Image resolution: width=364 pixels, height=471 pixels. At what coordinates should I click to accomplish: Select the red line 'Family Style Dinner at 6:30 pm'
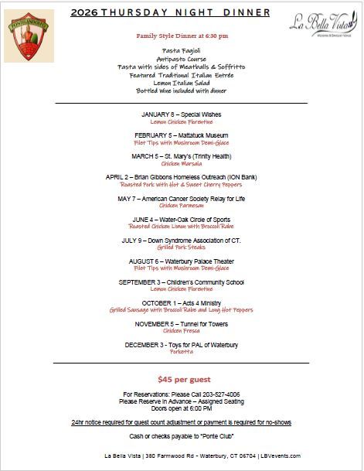pyautogui.click(x=182, y=37)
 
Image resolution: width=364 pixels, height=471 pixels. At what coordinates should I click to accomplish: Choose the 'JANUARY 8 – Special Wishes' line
pyautogui.click(x=182, y=114)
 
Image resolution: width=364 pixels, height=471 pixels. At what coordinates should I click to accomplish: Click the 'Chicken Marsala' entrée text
pyautogui.click(x=182, y=164)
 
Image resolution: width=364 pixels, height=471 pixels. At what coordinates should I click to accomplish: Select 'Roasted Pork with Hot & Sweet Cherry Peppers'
pyautogui.click(x=182, y=185)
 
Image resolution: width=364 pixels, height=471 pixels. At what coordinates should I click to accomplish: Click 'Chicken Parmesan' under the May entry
pyautogui.click(x=182, y=206)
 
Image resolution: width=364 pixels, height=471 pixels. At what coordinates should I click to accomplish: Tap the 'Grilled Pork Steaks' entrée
pyautogui.click(x=182, y=247)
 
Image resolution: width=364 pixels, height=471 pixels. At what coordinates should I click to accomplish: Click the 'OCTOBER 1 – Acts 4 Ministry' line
pyautogui.click(x=182, y=303)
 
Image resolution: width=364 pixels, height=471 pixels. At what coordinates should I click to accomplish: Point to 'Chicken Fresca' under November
pyautogui.click(x=182, y=331)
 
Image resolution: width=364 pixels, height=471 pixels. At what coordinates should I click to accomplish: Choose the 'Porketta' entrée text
pyautogui.click(x=182, y=352)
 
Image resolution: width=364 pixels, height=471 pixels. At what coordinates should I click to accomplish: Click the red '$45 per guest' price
pyautogui.click(x=182, y=379)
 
